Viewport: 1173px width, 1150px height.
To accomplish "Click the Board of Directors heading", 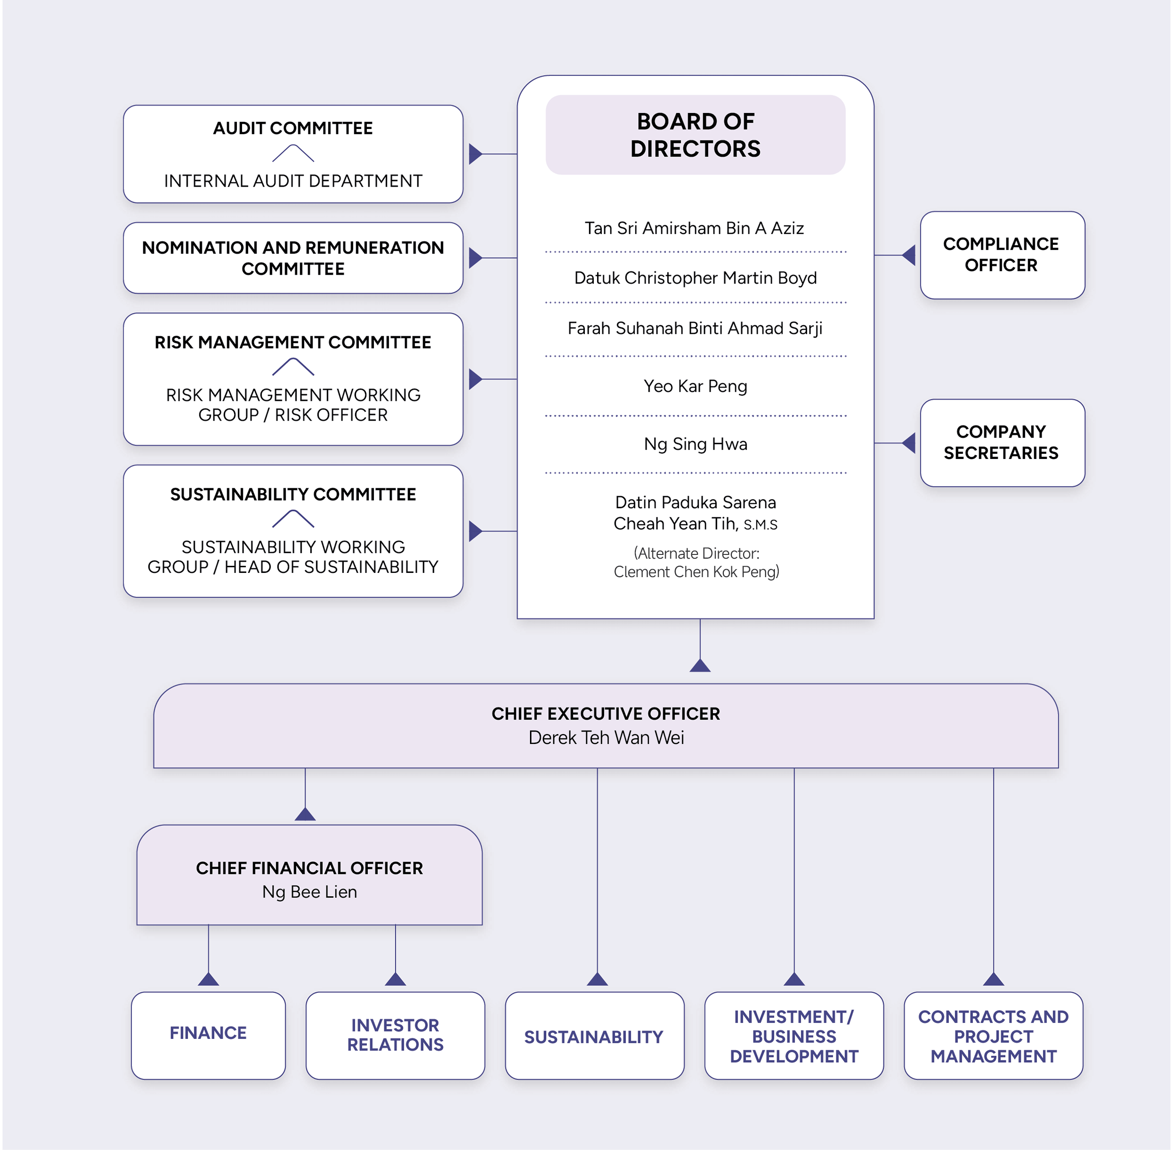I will (695, 135).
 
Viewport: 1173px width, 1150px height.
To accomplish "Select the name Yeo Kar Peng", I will (695, 386).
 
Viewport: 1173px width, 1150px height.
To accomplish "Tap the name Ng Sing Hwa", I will (695, 444).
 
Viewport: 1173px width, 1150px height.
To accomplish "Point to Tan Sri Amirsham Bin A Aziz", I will (694, 228).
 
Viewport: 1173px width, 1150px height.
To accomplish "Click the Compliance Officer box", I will (1001, 255).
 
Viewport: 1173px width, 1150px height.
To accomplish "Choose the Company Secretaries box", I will (1001, 443).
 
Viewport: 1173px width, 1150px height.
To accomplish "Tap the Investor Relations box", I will (395, 1035).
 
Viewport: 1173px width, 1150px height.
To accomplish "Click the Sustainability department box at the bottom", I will (594, 1037).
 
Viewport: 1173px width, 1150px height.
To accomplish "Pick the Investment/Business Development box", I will (794, 1037).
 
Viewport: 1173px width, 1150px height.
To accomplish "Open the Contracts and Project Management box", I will (993, 1037).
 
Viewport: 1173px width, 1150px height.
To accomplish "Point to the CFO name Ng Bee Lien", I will (309, 892).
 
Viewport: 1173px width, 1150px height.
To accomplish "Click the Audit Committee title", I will (293, 128).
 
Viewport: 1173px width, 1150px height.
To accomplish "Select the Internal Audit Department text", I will (293, 181).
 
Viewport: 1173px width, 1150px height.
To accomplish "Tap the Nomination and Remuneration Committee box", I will (293, 258).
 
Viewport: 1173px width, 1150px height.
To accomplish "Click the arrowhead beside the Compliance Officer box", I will (909, 255).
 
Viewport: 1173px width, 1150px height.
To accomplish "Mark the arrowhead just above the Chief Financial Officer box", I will (305, 814).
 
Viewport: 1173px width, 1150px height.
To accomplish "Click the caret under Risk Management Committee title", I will (293, 367).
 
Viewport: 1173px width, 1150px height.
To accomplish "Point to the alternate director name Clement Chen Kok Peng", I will (696, 572).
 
